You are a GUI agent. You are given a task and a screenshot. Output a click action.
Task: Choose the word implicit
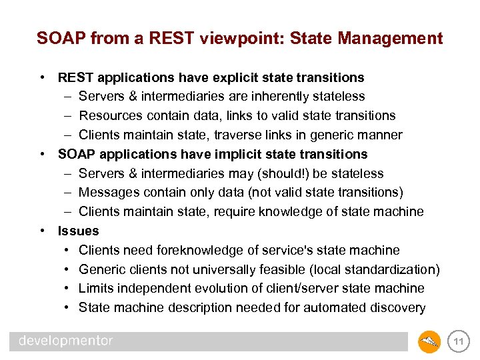241,154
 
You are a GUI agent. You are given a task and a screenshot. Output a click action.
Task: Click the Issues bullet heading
78,231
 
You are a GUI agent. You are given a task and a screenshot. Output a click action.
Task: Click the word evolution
235,289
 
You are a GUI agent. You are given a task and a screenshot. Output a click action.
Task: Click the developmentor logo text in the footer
65,341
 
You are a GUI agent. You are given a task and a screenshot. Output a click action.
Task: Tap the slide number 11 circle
459,342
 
